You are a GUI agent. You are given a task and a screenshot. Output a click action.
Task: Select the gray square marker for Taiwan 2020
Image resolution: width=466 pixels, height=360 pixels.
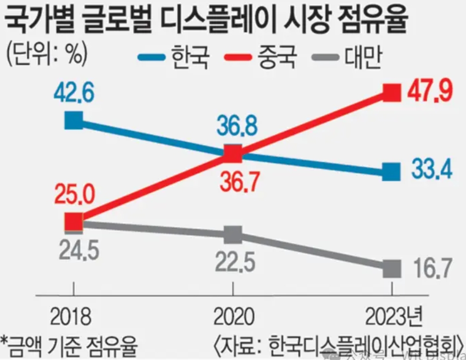coord(233,236)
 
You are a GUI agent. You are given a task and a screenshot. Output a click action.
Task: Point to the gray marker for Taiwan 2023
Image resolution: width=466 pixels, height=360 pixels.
coord(392,268)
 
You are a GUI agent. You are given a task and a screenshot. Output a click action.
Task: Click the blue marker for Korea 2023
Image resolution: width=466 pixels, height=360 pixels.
coord(392,172)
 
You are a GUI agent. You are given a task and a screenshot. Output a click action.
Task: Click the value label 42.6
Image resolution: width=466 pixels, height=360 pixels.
coord(74,92)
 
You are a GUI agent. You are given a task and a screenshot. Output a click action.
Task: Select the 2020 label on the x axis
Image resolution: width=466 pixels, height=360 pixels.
coord(233,317)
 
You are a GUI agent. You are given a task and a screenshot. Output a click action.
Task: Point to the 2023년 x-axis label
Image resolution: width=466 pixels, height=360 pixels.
coord(394,317)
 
